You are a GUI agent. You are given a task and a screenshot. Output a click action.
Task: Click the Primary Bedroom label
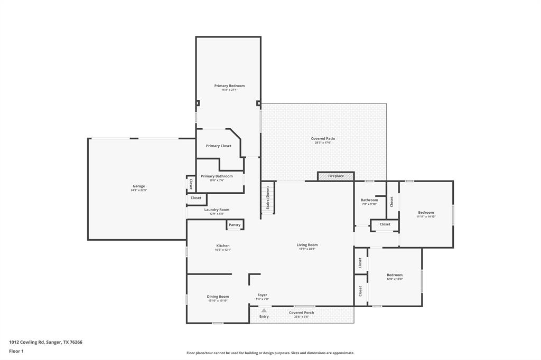(x=229, y=86)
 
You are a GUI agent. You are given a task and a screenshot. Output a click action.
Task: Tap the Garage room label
(x=138, y=186)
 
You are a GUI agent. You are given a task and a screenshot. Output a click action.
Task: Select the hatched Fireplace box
(x=335, y=176)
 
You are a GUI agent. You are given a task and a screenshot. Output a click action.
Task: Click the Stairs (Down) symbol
(x=268, y=198)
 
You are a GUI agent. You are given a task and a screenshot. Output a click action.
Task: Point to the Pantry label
(x=235, y=225)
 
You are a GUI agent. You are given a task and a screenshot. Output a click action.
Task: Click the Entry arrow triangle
(x=264, y=310)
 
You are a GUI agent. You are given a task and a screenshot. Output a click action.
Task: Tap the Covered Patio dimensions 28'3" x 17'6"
(x=323, y=143)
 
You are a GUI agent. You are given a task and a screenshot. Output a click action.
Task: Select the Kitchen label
(x=222, y=245)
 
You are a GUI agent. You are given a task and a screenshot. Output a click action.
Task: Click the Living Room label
(x=307, y=244)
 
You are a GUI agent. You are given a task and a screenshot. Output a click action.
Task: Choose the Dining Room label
(x=218, y=296)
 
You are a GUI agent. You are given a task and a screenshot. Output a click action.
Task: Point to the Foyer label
(x=262, y=295)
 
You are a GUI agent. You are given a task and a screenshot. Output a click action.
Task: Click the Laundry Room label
(x=217, y=210)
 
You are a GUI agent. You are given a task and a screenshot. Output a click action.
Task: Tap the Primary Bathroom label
(x=217, y=176)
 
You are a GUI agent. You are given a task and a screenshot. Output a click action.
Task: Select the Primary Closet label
(x=218, y=146)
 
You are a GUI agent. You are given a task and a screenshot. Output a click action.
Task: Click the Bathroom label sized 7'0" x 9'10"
(x=369, y=200)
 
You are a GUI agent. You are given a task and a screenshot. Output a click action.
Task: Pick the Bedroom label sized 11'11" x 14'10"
(x=425, y=212)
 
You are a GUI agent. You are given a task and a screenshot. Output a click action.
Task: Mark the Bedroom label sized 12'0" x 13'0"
(x=395, y=274)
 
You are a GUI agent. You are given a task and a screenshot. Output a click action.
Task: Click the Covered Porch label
(x=301, y=312)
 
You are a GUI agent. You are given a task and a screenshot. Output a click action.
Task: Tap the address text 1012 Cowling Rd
(x=31, y=342)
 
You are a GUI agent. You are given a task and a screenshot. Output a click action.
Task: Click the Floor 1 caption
(x=16, y=351)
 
